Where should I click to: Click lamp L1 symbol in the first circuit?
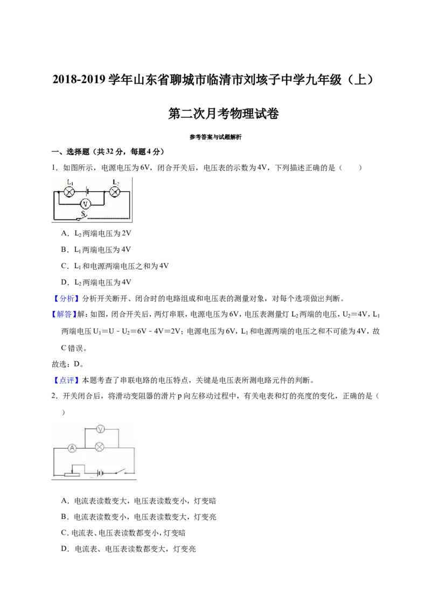click(x=69, y=191)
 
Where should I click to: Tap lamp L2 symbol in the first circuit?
click(x=115, y=191)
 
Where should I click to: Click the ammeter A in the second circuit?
click(x=72, y=448)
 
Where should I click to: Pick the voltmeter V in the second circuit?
click(x=100, y=429)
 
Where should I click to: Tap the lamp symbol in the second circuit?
click(x=100, y=447)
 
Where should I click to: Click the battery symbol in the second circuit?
click(x=100, y=474)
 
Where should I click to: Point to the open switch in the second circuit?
click(x=121, y=472)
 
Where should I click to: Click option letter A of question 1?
click(x=64, y=233)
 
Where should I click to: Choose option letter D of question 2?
click(x=64, y=549)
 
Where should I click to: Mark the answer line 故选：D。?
click(x=68, y=364)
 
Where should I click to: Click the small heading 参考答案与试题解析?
click(x=215, y=137)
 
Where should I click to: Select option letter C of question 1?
click(x=64, y=266)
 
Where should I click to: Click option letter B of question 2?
click(x=64, y=517)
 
